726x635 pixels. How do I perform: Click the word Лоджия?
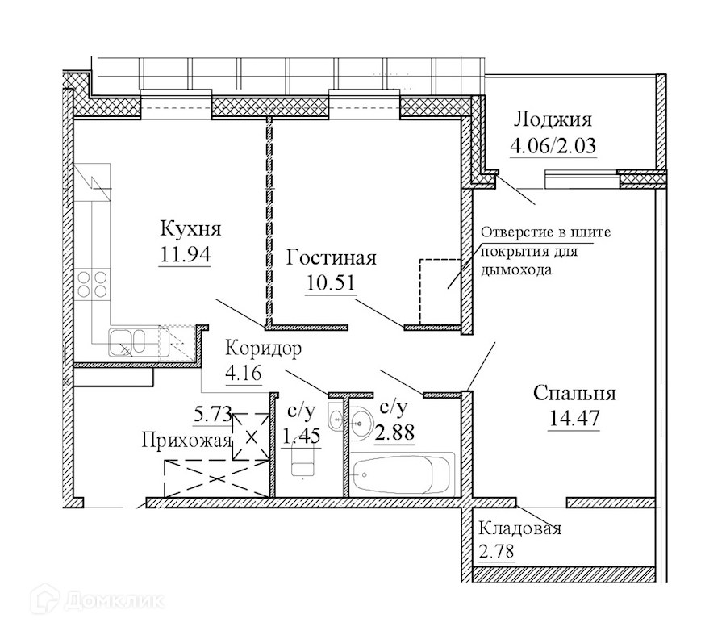point(553,120)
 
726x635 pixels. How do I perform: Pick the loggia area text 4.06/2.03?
point(553,148)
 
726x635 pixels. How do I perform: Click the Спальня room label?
point(575,394)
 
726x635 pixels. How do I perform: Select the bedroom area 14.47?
point(575,420)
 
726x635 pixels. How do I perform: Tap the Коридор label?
point(264,349)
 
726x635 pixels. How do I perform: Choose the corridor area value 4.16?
point(244,374)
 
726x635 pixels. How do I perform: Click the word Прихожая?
point(187,441)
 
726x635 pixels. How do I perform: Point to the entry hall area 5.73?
point(211,417)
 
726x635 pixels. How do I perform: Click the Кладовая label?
point(519,529)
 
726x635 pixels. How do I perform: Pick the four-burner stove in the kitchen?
point(93,286)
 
